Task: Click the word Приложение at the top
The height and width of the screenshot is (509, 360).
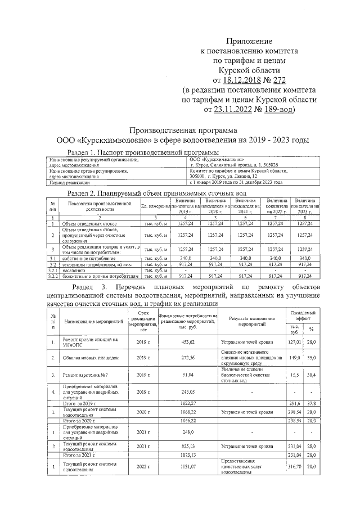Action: (249, 42)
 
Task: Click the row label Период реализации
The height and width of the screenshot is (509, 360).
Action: (70, 183)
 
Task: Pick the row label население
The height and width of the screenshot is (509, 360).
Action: (73, 271)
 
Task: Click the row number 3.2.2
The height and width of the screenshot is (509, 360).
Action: (52, 276)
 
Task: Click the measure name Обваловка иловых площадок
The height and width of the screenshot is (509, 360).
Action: (91, 358)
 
